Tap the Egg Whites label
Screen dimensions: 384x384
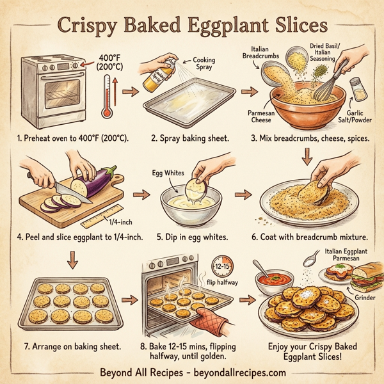pos(165,173)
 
